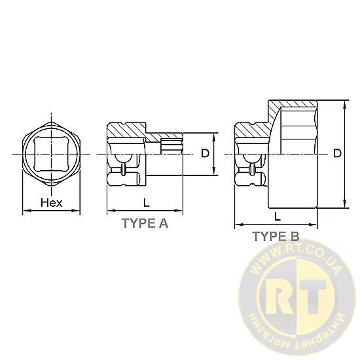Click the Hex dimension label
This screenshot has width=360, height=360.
tap(52, 203)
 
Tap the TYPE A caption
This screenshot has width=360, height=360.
tap(145, 223)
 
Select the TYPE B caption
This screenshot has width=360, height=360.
tap(276, 236)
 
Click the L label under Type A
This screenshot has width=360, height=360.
tap(146, 202)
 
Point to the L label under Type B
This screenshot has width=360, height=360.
tap(278, 216)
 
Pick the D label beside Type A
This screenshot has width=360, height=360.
tap(205, 153)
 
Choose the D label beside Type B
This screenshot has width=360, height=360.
tap(337, 153)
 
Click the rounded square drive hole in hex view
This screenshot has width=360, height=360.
tap(51, 154)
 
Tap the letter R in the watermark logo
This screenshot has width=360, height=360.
tap(279, 297)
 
